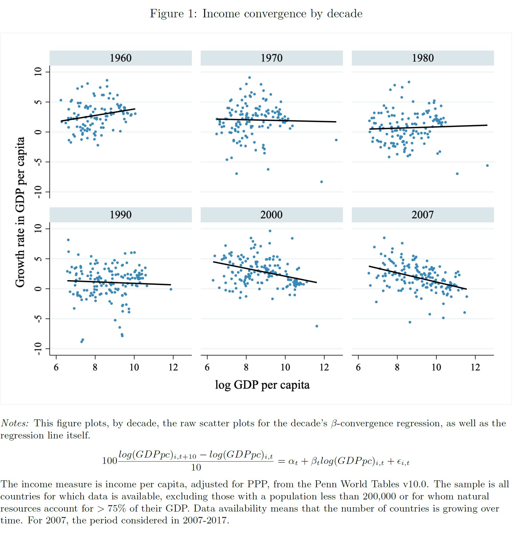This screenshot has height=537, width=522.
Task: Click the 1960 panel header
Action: click(120, 58)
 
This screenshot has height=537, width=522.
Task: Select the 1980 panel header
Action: click(423, 58)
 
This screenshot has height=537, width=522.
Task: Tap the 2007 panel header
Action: click(423, 215)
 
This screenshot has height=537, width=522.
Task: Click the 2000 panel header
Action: click(271, 215)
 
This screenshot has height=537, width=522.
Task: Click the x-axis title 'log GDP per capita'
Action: click(262, 385)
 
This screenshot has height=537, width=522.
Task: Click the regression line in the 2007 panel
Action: click(417, 277)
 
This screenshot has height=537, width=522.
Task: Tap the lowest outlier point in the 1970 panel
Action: click(321, 182)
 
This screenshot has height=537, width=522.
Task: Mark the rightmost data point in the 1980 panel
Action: click(487, 166)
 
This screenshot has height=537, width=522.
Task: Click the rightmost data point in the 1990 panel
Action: click(171, 289)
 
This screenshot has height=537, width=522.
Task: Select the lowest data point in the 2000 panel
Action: click(317, 326)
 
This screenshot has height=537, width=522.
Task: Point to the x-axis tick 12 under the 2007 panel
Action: click(475, 367)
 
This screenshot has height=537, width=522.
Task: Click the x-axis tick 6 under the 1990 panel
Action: click(56, 367)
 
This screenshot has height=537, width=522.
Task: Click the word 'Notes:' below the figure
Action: click(15, 423)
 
